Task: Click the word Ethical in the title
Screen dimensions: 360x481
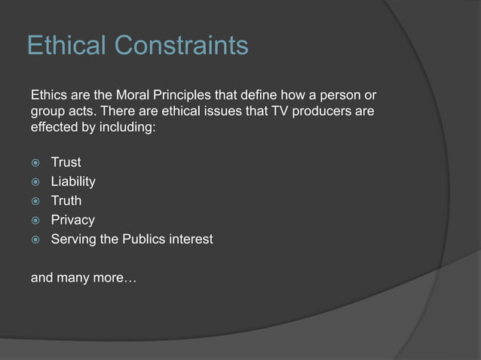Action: click(67, 46)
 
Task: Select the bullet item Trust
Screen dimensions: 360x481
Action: click(66, 162)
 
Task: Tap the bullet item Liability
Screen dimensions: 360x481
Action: click(73, 182)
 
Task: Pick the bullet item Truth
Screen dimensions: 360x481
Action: click(66, 201)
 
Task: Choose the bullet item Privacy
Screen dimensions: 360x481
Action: click(72, 221)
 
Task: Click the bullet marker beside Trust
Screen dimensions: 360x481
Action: click(34, 163)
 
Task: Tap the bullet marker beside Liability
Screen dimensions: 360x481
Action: click(34, 182)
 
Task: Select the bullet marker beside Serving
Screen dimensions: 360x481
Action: click(34, 240)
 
